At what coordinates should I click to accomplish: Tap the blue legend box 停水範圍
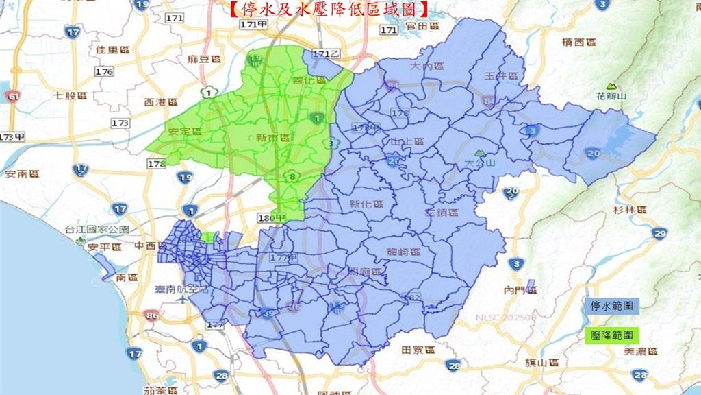tap(611, 306)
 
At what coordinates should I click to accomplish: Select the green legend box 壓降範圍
tap(611, 336)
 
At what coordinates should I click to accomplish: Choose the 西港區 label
tap(161, 102)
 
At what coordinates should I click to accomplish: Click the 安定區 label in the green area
tap(184, 131)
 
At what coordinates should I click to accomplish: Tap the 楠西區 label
tap(578, 43)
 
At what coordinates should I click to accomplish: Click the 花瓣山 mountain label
tap(611, 96)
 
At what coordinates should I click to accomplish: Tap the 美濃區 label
tap(639, 351)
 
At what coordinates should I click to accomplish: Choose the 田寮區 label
tap(416, 349)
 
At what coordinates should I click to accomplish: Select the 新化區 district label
tap(366, 204)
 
